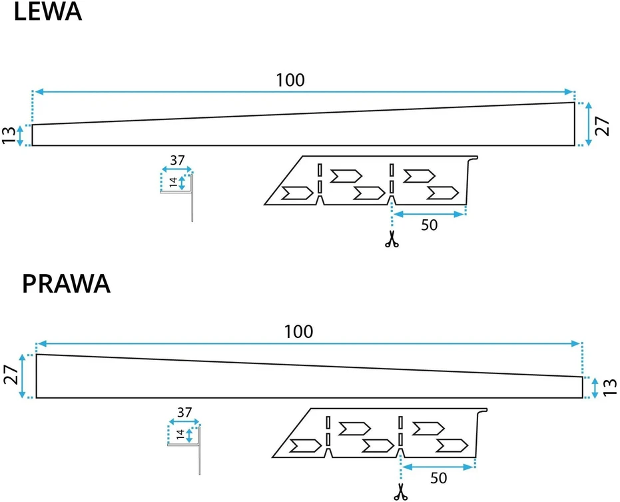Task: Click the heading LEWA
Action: click(x=48, y=11)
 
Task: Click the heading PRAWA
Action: click(x=66, y=283)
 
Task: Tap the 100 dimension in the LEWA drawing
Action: click(x=290, y=81)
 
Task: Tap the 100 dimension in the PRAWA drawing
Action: click(x=298, y=332)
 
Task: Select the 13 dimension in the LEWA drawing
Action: click(x=9, y=135)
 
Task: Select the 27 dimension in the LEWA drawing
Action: click(x=602, y=126)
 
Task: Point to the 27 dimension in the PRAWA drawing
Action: click(x=11, y=375)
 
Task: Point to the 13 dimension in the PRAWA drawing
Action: click(x=611, y=387)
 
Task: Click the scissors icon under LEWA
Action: click(x=392, y=239)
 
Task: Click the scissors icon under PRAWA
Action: click(x=400, y=492)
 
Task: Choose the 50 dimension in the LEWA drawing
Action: click(x=429, y=225)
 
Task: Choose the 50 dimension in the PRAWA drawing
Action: click(x=438, y=478)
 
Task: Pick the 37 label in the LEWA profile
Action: click(x=178, y=161)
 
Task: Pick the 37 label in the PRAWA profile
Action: click(x=184, y=413)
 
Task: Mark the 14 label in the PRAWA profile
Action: click(x=180, y=435)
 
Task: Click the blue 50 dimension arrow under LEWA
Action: click(x=429, y=214)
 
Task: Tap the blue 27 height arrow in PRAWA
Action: click(x=22, y=376)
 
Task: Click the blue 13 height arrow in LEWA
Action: click(x=20, y=136)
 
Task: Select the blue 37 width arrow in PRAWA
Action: click(x=184, y=421)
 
